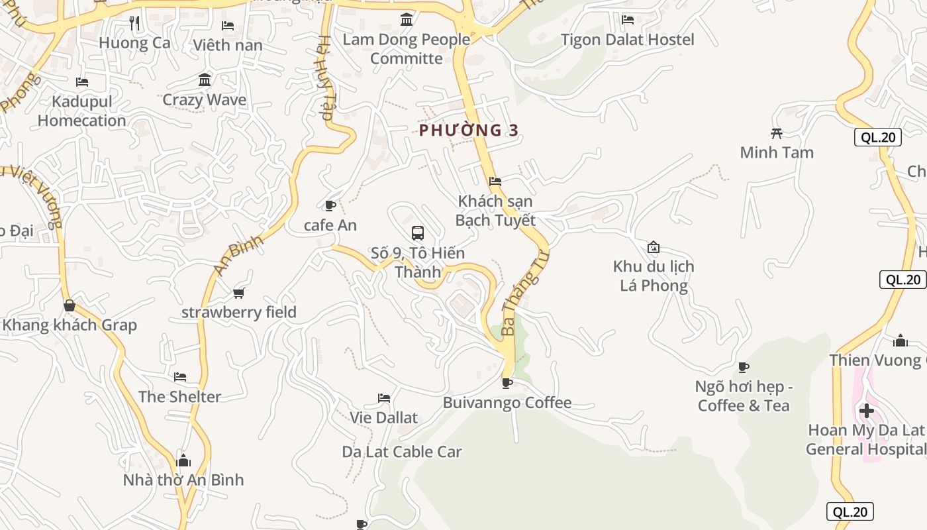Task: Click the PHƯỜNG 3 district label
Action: (x=469, y=130)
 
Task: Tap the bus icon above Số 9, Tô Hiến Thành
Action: (x=418, y=233)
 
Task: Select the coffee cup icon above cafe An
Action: (x=330, y=206)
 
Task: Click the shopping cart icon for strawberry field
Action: (x=239, y=293)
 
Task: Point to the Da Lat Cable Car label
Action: (x=402, y=452)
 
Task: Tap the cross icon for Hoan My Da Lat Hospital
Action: (x=867, y=411)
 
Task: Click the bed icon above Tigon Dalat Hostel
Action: (x=628, y=20)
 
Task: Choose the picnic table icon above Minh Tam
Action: (x=777, y=133)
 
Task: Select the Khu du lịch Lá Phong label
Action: (x=654, y=276)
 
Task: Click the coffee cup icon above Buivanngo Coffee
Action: (x=507, y=383)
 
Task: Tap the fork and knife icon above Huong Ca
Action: (x=135, y=24)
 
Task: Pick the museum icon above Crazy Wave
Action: (x=205, y=80)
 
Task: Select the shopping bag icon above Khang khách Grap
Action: (x=70, y=305)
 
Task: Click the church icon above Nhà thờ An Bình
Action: (x=183, y=460)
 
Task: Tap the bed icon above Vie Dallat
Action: (x=384, y=398)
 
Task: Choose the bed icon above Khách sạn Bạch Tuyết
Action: (x=495, y=182)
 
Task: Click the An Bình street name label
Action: (x=239, y=254)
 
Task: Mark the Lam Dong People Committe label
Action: (x=407, y=48)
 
